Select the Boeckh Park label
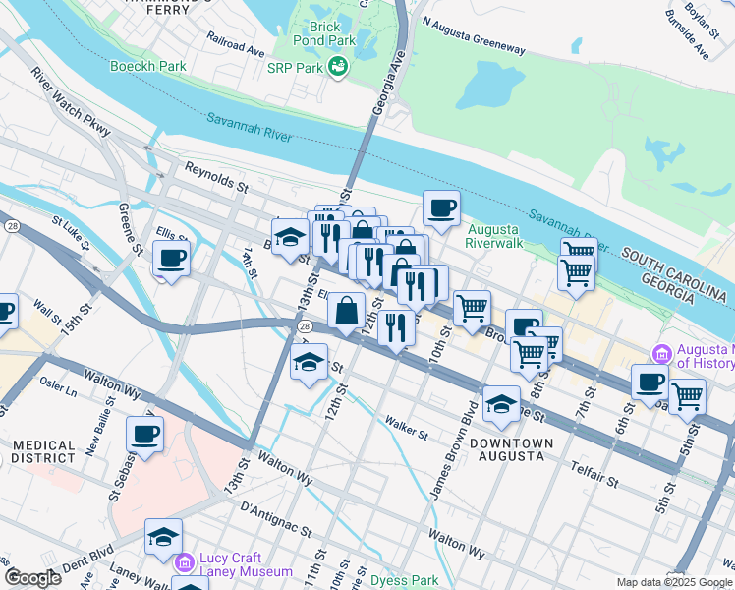pos(159,66)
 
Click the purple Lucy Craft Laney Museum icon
pos(184,562)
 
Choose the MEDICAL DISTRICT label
pos(42,451)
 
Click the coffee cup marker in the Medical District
pos(145,434)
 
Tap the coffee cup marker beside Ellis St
pos(171,259)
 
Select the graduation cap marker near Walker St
pos(500,403)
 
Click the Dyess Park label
pos(405,580)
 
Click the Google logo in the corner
pos(32,578)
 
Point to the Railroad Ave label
pos(236,44)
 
